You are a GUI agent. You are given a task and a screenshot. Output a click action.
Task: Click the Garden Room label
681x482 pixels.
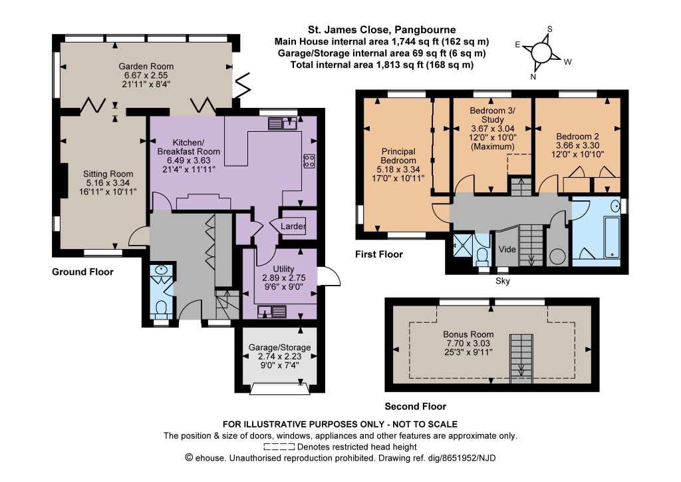(x=146, y=67)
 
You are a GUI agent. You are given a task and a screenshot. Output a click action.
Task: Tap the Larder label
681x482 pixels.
(x=293, y=226)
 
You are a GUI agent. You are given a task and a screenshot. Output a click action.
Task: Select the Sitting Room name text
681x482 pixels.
(x=108, y=174)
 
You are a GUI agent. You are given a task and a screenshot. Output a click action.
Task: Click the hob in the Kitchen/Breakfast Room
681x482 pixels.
(x=309, y=161)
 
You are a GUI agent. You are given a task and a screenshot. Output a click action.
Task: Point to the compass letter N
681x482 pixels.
(x=533, y=77)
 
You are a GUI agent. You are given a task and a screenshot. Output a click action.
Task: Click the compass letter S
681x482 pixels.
(x=550, y=29)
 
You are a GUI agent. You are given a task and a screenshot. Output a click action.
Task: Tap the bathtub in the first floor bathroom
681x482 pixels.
(x=613, y=237)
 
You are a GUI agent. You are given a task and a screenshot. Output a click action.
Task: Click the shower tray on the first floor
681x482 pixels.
(x=462, y=246)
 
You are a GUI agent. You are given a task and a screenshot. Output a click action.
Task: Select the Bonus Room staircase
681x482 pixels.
(x=521, y=359)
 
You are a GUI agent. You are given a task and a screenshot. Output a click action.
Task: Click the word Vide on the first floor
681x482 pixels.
(x=507, y=250)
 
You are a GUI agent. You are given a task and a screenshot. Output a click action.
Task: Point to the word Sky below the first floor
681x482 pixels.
(x=503, y=281)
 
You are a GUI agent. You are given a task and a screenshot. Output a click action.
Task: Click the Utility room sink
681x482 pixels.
(x=272, y=312)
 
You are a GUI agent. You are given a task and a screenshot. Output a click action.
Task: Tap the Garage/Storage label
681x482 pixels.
(x=280, y=348)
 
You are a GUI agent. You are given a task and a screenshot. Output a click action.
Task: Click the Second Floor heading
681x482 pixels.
(x=415, y=406)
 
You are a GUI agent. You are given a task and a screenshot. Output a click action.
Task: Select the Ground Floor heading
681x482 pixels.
(x=82, y=272)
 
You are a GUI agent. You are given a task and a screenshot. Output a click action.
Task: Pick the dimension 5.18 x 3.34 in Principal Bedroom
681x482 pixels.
(x=398, y=170)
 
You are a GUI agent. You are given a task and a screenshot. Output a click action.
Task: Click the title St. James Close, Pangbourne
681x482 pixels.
(x=382, y=30)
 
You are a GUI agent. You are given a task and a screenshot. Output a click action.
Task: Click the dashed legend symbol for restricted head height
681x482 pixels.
(x=279, y=447)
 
